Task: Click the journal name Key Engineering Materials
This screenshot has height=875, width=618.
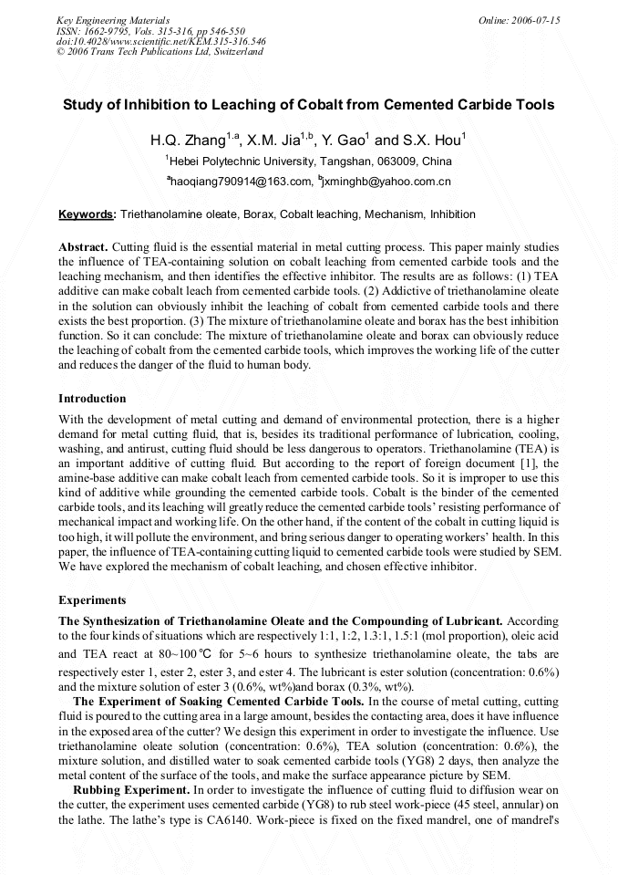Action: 112,19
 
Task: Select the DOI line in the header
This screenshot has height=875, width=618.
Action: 160,41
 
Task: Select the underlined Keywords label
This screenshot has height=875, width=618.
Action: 87,214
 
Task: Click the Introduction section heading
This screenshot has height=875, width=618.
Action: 92,399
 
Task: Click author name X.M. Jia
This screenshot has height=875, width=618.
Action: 277,141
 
